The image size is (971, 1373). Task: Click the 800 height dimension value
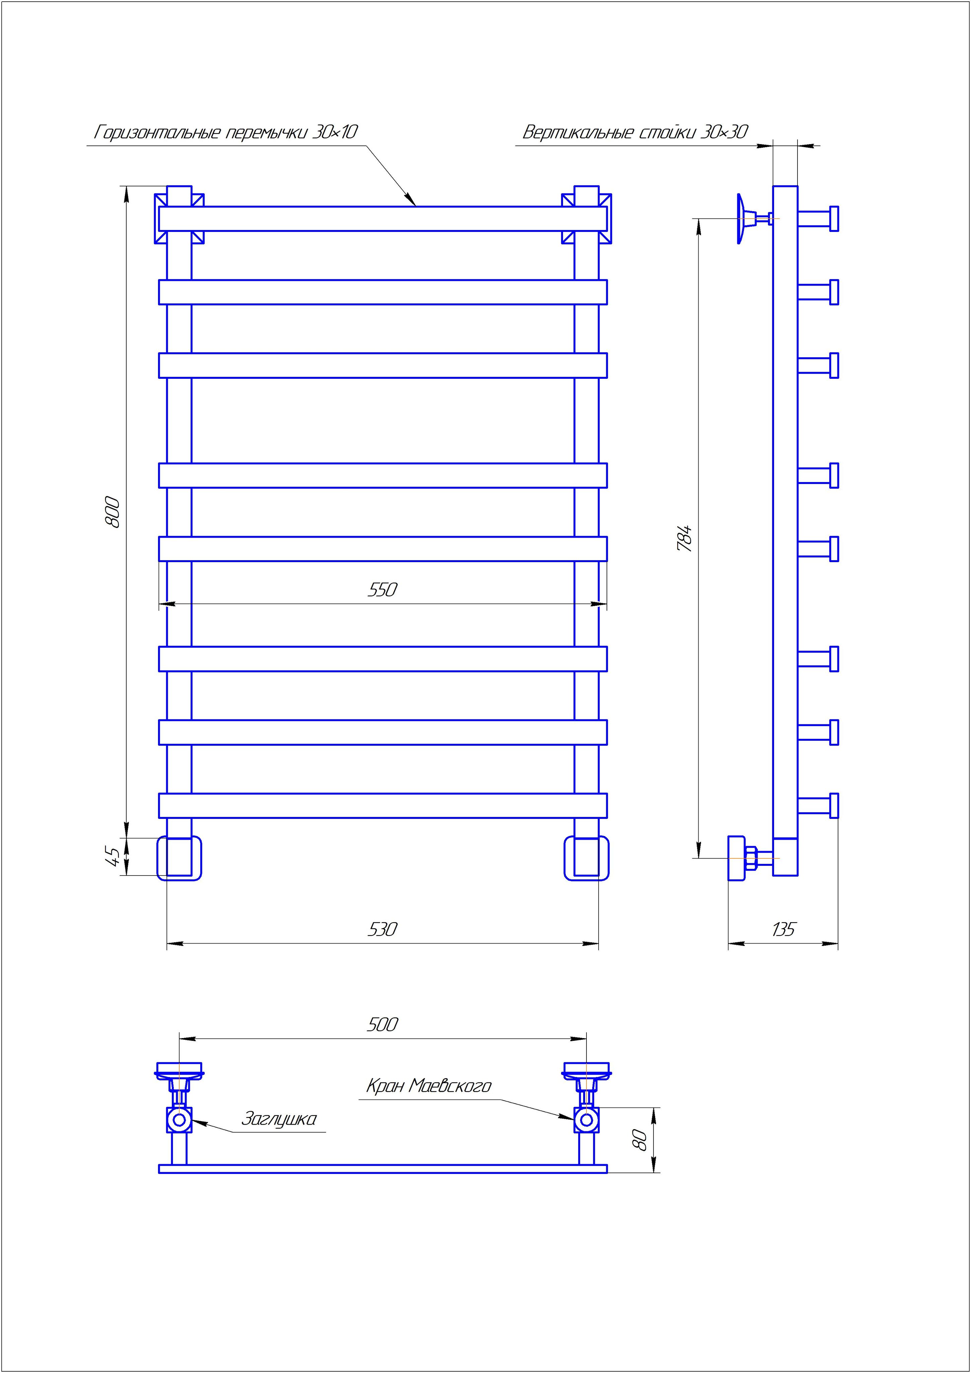pos(113,512)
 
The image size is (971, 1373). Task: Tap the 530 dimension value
pos(382,929)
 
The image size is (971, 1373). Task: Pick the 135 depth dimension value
pos(783,929)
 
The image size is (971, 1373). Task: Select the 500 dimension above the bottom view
pos(382,1025)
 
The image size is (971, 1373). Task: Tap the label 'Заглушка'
pos(279,1119)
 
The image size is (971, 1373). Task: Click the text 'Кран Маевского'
pos(429,1086)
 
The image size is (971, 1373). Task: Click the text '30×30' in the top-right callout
pos(723,132)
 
